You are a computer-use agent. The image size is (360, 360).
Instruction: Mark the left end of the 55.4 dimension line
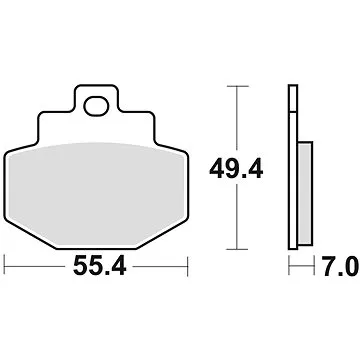click(x=6, y=267)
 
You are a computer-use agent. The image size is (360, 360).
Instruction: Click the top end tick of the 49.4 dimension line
click(x=235, y=87)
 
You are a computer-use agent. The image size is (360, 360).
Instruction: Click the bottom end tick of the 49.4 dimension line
click(x=235, y=247)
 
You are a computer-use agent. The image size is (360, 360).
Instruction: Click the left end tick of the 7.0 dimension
click(x=289, y=267)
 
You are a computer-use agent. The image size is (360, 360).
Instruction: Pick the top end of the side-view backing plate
click(x=293, y=89)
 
